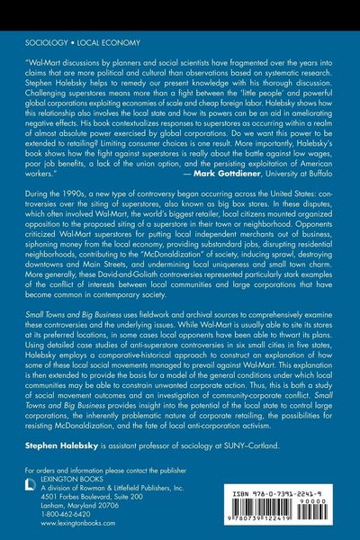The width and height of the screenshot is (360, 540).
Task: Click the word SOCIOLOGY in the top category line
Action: pyautogui.click(x=40, y=43)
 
